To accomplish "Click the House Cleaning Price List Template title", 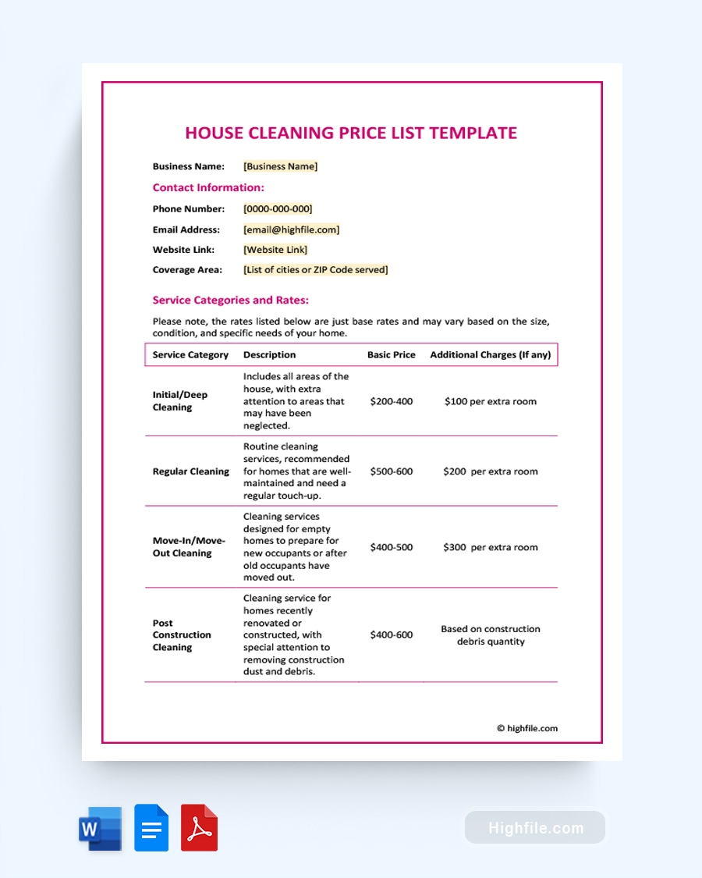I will coord(351,133).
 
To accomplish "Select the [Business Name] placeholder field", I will coord(280,166).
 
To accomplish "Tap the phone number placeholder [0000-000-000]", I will coord(278,209).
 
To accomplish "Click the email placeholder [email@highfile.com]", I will coord(291,230).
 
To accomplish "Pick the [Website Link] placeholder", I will coord(275,250).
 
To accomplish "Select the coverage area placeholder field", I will coord(315,270).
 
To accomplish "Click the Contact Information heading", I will coord(208,187).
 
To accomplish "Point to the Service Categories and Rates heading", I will coord(230,300).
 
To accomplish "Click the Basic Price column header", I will coord(391,354).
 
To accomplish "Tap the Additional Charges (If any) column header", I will coord(490,354).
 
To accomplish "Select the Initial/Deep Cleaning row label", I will coord(180,401).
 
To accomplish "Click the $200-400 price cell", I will coord(391,401).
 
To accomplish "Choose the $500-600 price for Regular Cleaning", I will coord(391,471).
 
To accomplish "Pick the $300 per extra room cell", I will coord(490,547).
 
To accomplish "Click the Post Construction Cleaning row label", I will coord(181,635).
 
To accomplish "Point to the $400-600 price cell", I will coord(391,635).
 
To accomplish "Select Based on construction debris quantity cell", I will coord(490,635).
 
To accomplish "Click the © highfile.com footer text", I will coord(527,728).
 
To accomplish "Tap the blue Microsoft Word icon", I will coord(100,828).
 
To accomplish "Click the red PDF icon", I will coord(199,828).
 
